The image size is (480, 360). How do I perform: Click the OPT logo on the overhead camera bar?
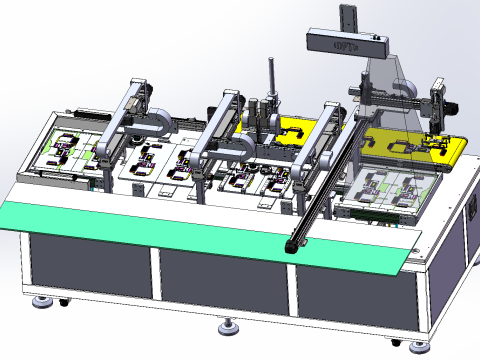pos(346,44)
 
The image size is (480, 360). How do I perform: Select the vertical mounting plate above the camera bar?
pos(349,17)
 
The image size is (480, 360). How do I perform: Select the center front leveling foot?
pos(229,325)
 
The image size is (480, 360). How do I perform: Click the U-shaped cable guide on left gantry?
pos(155,122)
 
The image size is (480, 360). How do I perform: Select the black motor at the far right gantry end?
pos(437,98)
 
